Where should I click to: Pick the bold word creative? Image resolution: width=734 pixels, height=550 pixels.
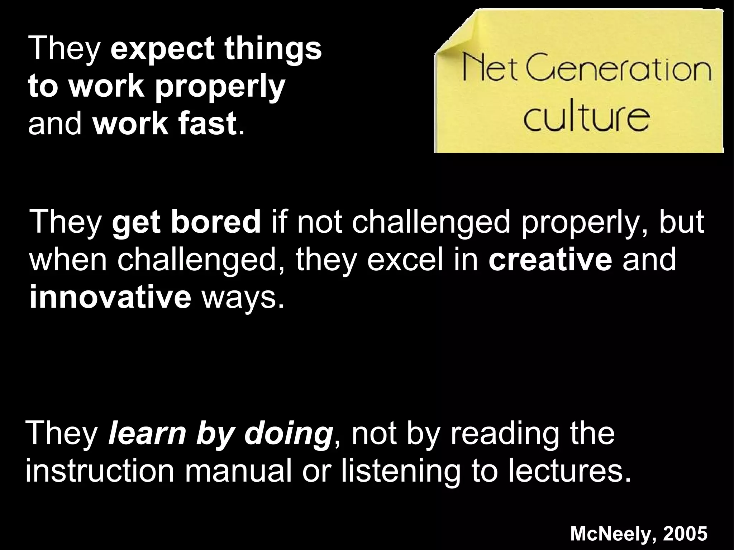550,260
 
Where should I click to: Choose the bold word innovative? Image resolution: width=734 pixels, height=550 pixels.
110,297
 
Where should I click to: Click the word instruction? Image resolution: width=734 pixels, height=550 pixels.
100,472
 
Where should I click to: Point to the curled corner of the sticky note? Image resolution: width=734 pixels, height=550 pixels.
453,36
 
